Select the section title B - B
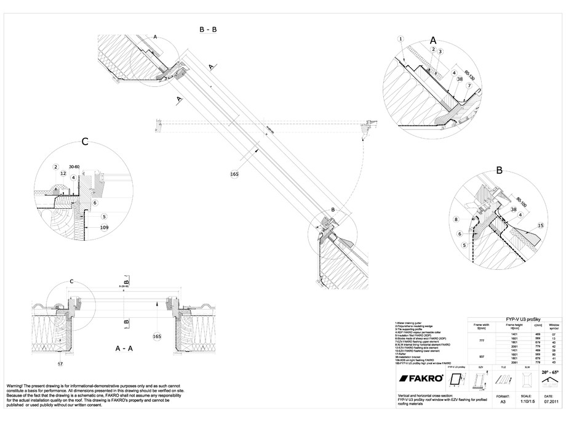tap(207, 30)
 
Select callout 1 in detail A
tap(401, 39)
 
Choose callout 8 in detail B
tap(455, 219)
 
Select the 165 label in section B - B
tap(233, 174)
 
